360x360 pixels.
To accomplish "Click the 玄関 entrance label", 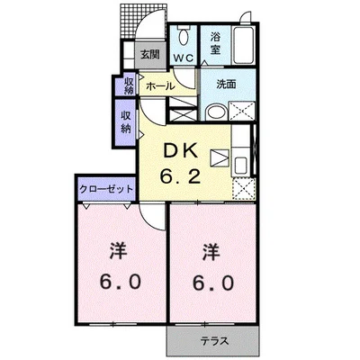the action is click(150, 55).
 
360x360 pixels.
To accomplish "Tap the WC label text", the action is click(184, 58).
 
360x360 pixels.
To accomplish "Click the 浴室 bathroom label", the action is click(215, 43).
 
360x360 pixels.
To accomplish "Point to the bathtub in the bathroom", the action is click(244, 45).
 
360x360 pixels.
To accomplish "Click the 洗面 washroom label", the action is click(226, 85).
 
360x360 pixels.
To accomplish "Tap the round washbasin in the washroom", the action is click(216, 112).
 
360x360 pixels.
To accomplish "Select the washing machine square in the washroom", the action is click(241, 111).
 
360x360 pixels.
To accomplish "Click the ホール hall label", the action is click(160, 86).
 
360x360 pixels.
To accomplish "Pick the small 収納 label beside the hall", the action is click(129, 85).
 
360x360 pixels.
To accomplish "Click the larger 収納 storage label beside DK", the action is click(126, 122).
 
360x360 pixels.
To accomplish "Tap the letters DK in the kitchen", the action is click(180, 151).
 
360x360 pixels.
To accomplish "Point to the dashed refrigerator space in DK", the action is click(244, 189).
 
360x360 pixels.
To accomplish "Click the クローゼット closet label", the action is click(106, 189).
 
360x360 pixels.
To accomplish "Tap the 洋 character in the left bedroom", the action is click(118, 252).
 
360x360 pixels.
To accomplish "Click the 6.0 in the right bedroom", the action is click(212, 283).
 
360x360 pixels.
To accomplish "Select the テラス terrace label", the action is click(215, 341).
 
